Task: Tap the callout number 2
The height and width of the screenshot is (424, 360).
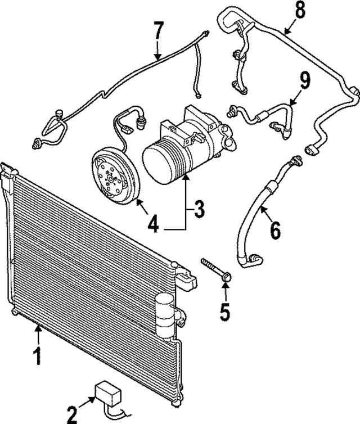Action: (71, 415)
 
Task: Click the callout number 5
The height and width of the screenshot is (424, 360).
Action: (225, 310)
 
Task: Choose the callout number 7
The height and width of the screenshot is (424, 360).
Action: (159, 31)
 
